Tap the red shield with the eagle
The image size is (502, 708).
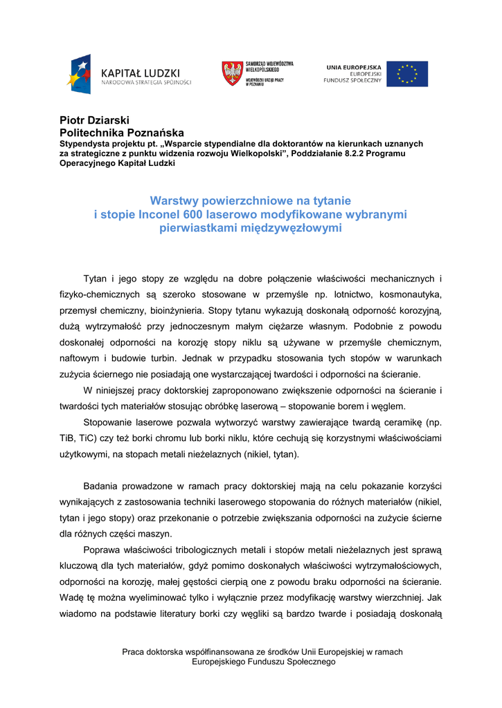pyautogui.click(x=231, y=73)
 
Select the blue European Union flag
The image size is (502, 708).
pyautogui.click(x=406, y=74)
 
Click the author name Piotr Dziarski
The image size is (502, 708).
pyautogui.click(x=94, y=120)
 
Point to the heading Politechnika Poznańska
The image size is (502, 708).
pyautogui.click(x=122, y=132)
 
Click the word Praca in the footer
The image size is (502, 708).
pyautogui.click(x=133, y=652)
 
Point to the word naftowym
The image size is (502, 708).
pyautogui.click(x=79, y=358)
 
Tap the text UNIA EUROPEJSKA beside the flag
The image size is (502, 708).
pyautogui.click(x=353, y=67)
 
